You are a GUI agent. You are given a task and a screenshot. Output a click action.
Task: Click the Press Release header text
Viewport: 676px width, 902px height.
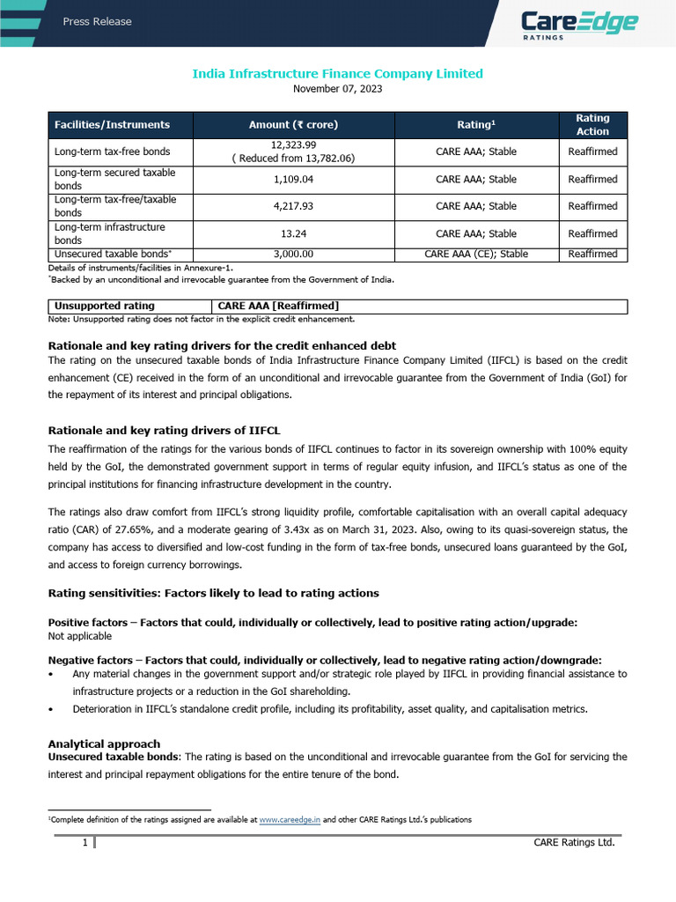click(x=97, y=21)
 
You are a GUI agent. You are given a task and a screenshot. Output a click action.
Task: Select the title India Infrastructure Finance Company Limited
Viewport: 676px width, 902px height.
click(x=337, y=73)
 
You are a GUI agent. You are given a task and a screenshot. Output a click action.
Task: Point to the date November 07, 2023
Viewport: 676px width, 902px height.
click(x=337, y=89)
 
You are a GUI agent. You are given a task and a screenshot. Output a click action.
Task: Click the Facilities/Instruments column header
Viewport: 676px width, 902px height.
click(x=112, y=125)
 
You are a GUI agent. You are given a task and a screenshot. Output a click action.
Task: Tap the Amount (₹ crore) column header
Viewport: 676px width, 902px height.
click(x=293, y=125)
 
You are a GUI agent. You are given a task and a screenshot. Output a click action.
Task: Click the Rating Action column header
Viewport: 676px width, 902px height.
click(x=592, y=125)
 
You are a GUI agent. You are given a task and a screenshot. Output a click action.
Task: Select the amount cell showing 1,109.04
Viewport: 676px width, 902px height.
click(x=293, y=179)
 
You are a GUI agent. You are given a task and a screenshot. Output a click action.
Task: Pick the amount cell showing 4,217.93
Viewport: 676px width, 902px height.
click(x=293, y=206)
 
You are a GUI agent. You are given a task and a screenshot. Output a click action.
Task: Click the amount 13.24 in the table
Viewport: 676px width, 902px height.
click(x=293, y=233)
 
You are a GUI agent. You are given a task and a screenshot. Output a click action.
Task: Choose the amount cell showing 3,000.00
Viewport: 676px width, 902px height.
click(x=293, y=254)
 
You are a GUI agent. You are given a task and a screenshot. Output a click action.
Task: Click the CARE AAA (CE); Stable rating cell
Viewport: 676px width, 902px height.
click(x=476, y=254)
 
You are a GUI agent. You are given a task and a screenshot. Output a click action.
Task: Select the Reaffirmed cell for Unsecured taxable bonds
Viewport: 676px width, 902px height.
click(x=592, y=254)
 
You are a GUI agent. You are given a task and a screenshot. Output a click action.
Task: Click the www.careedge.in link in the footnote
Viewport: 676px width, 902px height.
click(x=290, y=819)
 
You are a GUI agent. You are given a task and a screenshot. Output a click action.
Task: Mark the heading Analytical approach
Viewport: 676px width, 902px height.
click(x=104, y=744)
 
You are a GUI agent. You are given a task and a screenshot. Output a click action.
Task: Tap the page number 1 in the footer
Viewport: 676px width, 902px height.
click(x=84, y=843)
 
